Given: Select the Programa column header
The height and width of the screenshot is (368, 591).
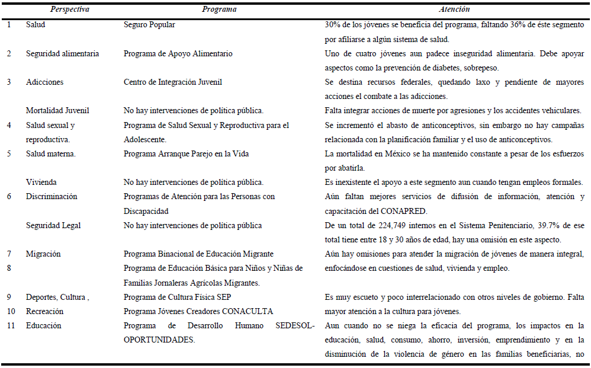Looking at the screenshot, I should coord(219,9).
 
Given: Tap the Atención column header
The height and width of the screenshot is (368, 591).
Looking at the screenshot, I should coord(454,9).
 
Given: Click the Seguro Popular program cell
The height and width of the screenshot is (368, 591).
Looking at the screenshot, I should coord(149,25).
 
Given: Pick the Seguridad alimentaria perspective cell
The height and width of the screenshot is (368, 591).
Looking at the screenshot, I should coord(62,53).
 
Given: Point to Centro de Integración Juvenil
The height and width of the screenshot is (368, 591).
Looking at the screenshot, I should coord(173,82).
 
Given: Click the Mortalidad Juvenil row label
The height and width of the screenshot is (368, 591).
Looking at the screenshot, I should coord(57,110).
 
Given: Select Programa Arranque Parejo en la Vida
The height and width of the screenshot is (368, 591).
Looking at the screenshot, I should coord(186,153).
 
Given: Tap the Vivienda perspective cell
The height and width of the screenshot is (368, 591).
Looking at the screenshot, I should coord(41,182).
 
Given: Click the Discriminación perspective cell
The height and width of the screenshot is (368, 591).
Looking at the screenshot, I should coord(52,196).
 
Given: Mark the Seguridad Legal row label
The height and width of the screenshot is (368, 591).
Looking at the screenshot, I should coord(53,225).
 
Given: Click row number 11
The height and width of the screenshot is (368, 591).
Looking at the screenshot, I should coord(9,325).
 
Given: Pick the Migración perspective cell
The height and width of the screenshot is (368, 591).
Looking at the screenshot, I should coord(43,254).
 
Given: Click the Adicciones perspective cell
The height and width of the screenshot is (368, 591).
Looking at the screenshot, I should coord(44,82).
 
